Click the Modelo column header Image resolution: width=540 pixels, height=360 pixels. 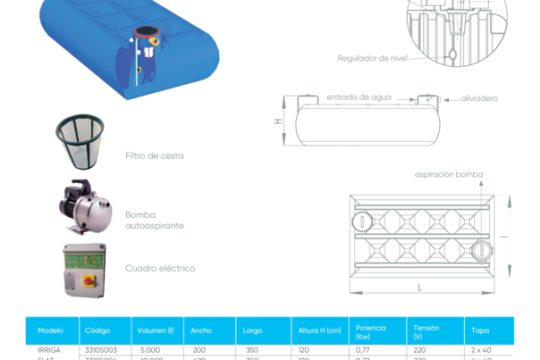(x=51, y=330)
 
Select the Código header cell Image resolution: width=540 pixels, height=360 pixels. (x=97, y=330)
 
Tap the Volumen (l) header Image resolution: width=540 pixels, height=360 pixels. (x=156, y=330)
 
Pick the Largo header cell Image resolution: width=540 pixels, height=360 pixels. (x=252, y=330)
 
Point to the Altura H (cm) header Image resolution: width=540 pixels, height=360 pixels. (x=319, y=330)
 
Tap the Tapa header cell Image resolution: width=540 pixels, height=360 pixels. (x=480, y=330)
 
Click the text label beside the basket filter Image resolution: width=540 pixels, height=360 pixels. (x=154, y=155)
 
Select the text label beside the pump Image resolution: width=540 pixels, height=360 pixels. (x=155, y=220)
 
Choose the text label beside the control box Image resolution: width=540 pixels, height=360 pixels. (x=160, y=268)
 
